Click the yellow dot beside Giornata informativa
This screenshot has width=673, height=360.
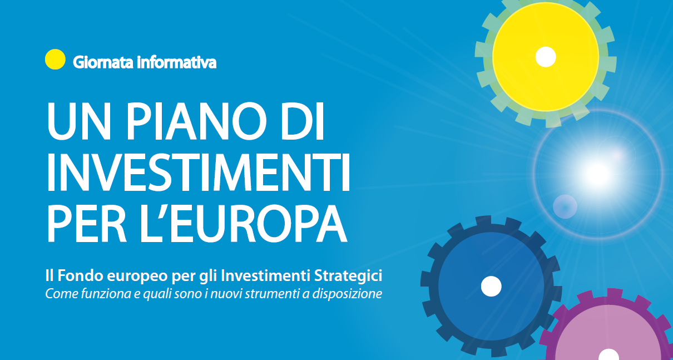tap(55, 59)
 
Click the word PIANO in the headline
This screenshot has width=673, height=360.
tap(196, 121)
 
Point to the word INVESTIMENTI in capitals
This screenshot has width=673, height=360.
tap(198, 172)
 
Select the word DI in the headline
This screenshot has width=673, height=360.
tap(303, 121)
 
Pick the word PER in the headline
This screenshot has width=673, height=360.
tap(87, 223)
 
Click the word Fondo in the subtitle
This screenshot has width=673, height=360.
tap(80, 275)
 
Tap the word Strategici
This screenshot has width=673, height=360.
tap(348, 276)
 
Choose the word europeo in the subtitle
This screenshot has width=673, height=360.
tap(137, 277)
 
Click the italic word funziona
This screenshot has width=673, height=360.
tap(106, 294)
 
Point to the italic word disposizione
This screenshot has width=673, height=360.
tap(347, 294)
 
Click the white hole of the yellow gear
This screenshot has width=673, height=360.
tap(546, 57)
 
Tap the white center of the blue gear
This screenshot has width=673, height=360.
tap(491, 287)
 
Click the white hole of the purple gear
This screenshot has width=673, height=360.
tap(608, 354)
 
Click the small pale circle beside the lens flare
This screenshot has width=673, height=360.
tap(565, 206)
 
